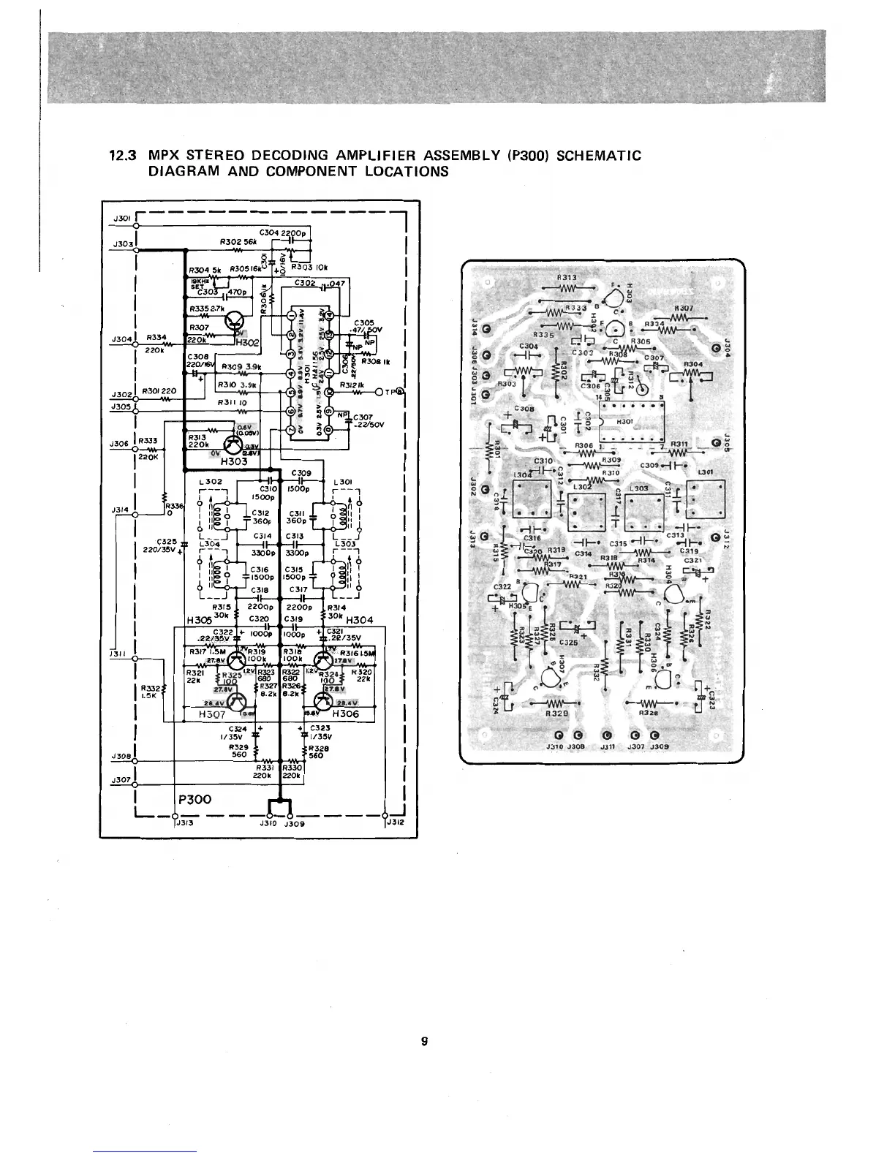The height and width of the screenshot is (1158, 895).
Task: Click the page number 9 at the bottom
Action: tap(424, 1041)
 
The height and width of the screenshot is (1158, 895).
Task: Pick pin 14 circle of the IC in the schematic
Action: tap(330, 316)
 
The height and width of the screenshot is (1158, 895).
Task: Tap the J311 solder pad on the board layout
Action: tap(606, 735)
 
